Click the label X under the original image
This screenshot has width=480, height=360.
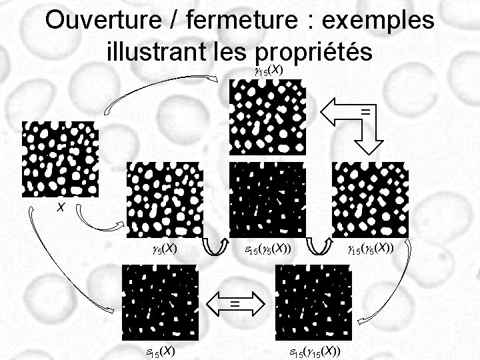(x=60, y=208)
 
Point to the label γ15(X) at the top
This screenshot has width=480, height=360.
(x=269, y=70)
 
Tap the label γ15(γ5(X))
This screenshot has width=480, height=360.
(x=370, y=249)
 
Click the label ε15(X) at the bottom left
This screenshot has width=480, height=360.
(x=161, y=351)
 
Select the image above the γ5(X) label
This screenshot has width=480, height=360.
(x=164, y=199)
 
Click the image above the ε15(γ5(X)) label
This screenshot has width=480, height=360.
(x=267, y=199)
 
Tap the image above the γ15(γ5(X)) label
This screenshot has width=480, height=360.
(x=370, y=199)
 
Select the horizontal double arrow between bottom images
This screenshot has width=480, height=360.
(x=236, y=304)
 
